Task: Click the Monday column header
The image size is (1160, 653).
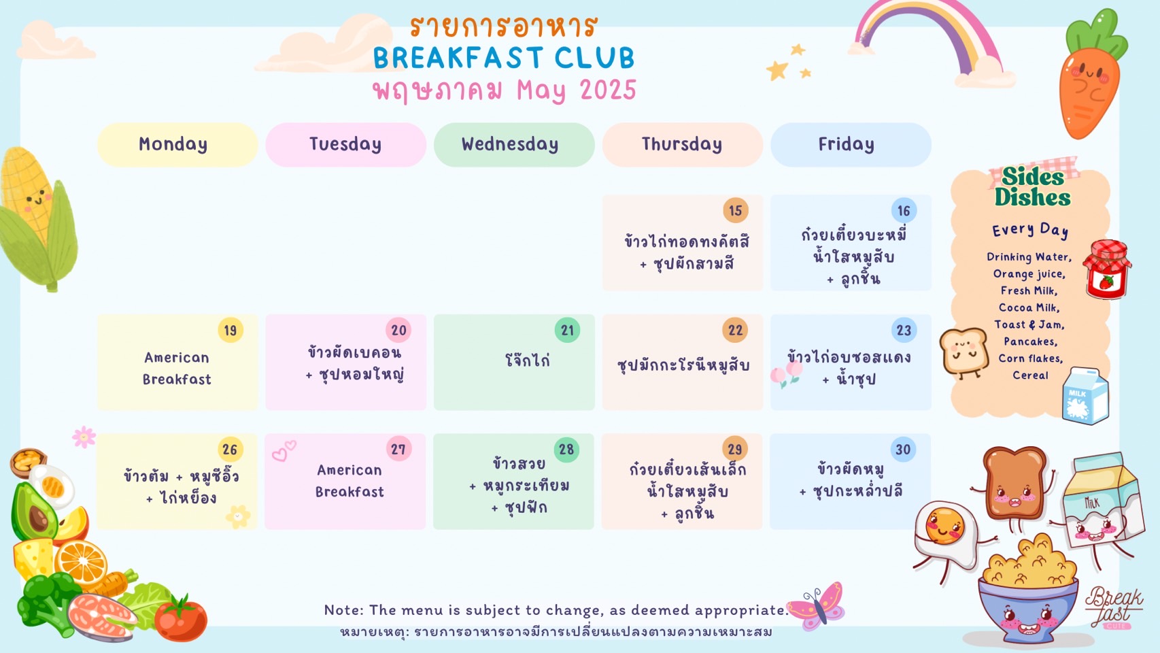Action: click(177, 145)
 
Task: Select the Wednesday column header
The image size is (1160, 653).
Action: click(514, 145)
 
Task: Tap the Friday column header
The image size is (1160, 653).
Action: click(851, 145)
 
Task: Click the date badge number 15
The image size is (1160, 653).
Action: click(735, 210)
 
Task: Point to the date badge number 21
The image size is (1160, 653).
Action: click(567, 330)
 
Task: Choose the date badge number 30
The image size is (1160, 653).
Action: click(903, 450)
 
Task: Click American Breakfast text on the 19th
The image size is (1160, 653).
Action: click(177, 369)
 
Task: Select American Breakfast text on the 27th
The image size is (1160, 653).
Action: click(349, 481)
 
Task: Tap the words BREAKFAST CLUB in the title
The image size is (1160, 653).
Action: click(504, 58)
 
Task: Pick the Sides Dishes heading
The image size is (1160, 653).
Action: click(1033, 187)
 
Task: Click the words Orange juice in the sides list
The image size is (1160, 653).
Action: click(1029, 274)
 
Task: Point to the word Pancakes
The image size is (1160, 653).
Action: click(1030, 341)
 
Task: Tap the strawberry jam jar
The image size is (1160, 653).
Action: click(1107, 269)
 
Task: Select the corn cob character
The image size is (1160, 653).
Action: click(36, 218)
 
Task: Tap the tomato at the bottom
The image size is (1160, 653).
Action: click(181, 619)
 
